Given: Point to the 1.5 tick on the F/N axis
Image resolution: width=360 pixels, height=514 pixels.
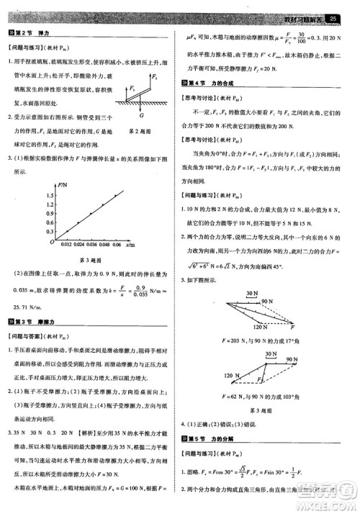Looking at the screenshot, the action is click(x=48, y=194).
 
